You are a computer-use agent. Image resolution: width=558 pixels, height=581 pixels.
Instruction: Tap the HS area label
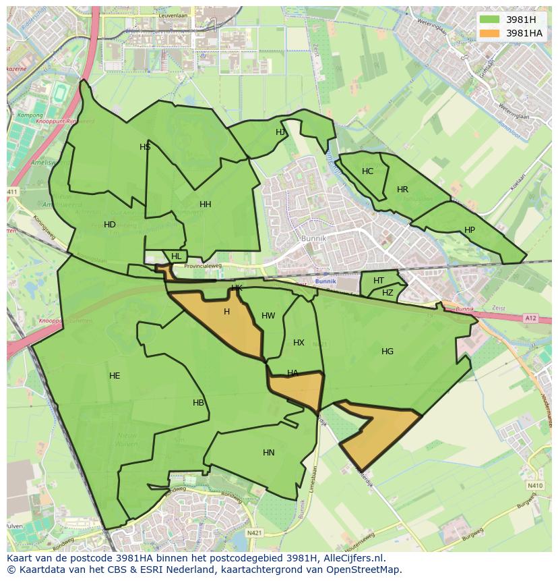[x=145, y=147]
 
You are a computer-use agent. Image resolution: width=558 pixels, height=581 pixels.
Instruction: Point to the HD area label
[x=110, y=225]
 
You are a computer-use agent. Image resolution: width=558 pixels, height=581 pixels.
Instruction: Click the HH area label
[x=206, y=204]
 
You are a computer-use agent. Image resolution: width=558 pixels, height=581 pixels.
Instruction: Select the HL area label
[x=177, y=256]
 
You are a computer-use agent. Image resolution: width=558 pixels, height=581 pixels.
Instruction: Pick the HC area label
[x=367, y=171]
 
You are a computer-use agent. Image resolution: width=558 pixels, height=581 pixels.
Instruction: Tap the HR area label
[x=402, y=190]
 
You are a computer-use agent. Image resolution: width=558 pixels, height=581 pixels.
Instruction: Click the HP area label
[x=470, y=230]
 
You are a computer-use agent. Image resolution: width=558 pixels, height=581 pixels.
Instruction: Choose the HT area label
[x=379, y=281]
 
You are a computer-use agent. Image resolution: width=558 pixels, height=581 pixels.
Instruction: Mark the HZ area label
[x=387, y=293]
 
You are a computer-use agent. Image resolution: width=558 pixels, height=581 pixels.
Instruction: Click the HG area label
[x=387, y=352]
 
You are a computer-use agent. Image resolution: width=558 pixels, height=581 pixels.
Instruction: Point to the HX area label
[x=299, y=343]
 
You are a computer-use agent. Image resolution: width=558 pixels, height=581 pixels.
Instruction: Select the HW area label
[x=268, y=316]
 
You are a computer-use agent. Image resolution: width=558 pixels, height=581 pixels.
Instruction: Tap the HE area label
[x=115, y=376]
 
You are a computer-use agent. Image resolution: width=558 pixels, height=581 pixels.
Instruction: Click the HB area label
[x=198, y=403]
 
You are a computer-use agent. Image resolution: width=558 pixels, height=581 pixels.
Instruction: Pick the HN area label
[x=269, y=453]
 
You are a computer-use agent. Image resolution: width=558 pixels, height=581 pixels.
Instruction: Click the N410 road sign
[x=535, y=485]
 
